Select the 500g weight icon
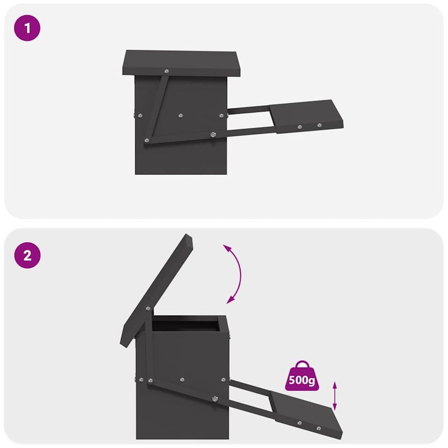pyautogui.click(x=301, y=376)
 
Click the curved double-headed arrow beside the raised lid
pyautogui.click(x=235, y=273)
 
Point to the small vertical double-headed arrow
pyautogui.click(x=335, y=396)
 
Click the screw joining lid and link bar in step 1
pyautogui.click(x=166, y=71)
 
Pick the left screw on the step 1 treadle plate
pyautogui.click(x=300, y=127)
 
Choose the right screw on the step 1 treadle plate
pyautogui.click(x=320, y=125)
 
